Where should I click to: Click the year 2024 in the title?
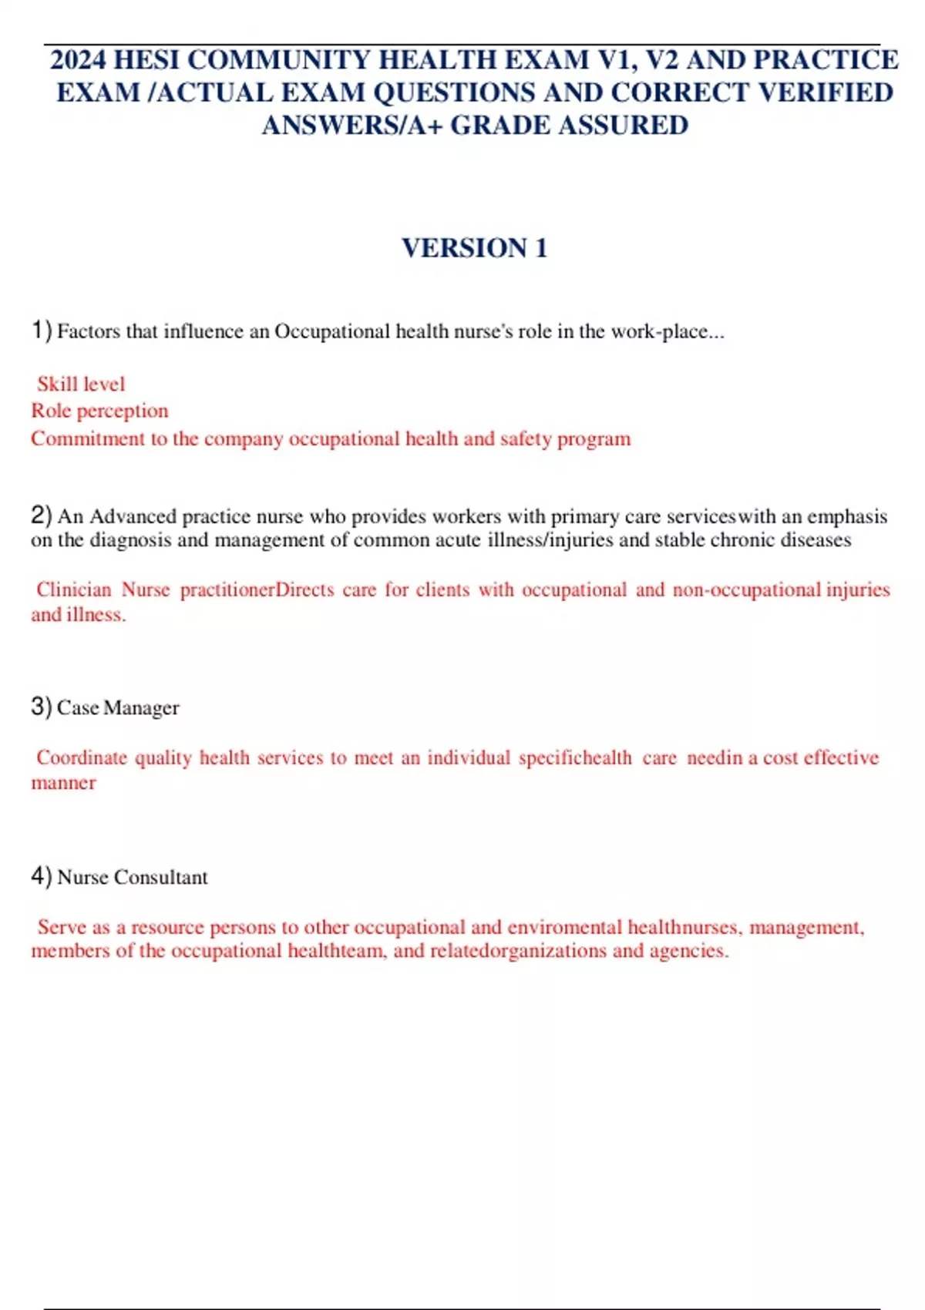click(x=79, y=60)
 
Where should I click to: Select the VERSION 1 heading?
click(x=474, y=248)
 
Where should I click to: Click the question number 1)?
click(x=42, y=331)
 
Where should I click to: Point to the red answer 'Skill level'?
click(x=81, y=384)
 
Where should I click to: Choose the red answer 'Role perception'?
click(x=99, y=411)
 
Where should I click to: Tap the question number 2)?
click(x=42, y=515)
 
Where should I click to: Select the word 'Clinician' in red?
click(x=74, y=589)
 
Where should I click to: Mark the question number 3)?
click(x=42, y=706)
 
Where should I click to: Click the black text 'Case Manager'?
click(x=118, y=707)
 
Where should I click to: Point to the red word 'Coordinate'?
click(x=82, y=757)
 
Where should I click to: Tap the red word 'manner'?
click(x=63, y=783)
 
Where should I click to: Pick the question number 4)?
click(x=42, y=876)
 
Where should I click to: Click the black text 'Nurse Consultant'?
click(x=133, y=877)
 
